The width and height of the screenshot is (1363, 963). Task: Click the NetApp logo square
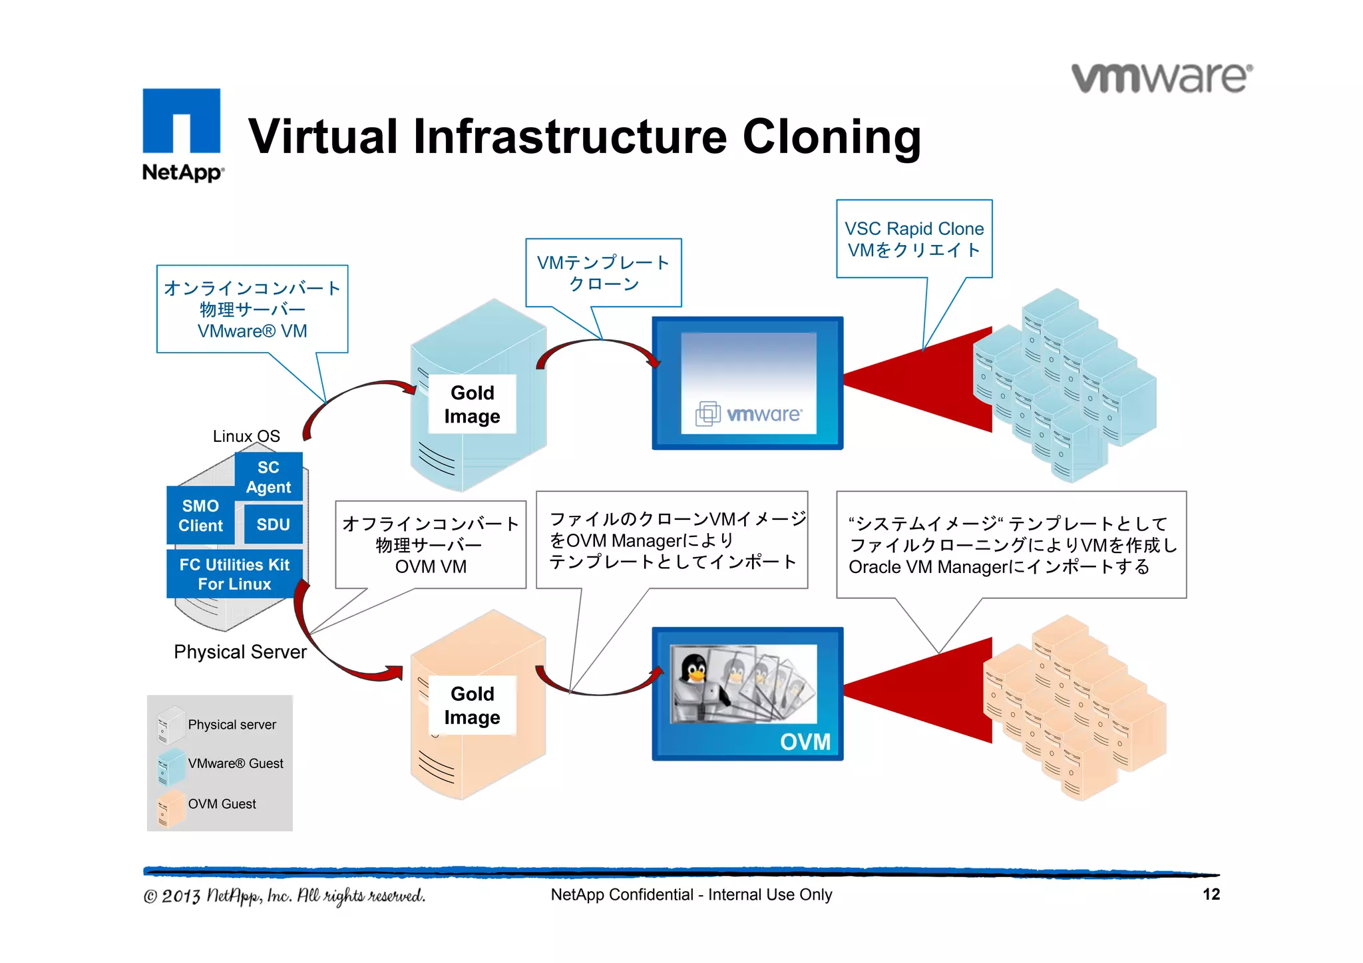(x=181, y=121)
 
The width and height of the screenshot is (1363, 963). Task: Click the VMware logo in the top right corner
(x=1161, y=79)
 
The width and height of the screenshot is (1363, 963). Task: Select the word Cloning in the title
(x=831, y=136)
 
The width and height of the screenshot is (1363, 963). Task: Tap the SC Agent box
(x=268, y=477)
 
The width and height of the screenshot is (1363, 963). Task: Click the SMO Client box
(x=200, y=516)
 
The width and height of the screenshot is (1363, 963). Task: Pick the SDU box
(x=273, y=524)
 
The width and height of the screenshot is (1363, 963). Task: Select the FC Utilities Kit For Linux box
(x=234, y=574)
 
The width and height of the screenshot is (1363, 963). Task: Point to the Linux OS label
(x=246, y=436)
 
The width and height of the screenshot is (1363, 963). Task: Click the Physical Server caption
(x=240, y=652)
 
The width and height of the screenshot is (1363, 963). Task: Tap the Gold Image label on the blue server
(x=472, y=404)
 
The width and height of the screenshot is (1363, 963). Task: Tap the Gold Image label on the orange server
(x=472, y=705)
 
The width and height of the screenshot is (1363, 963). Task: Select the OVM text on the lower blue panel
(x=805, y=741)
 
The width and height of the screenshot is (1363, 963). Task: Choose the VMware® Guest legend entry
(x=235, y=763)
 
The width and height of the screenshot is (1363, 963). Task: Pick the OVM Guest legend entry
(x=222, y=804)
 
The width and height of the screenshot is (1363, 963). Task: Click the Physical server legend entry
(x=232, y=724)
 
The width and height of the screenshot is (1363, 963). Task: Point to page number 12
(x=1211, y=894)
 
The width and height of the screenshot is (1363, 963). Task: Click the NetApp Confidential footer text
(x=691, y=894)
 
